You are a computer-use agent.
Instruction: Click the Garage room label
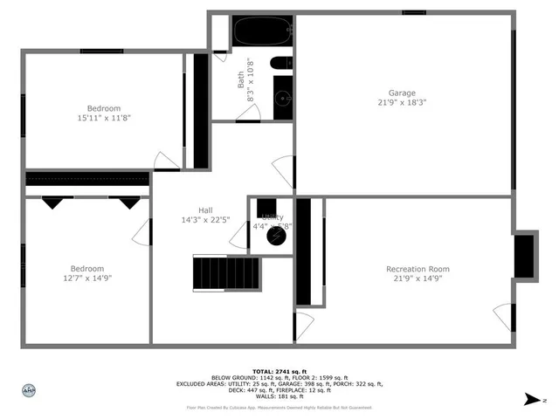[x=402, y=93]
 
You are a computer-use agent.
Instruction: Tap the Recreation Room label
[x=418, y=269]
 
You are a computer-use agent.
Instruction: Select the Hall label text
[x=205, y=210]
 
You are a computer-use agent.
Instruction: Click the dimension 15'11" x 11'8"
[x=103, y=117]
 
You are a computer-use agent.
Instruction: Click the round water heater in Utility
[x=276, y=237]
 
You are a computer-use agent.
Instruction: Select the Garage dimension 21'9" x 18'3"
[x=402, y=103]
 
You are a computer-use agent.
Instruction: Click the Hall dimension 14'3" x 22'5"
[x=205, y=220]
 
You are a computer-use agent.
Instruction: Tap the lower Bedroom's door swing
[x=141, y=231]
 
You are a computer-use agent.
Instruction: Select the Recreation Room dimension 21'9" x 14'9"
[x=418, y=278]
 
